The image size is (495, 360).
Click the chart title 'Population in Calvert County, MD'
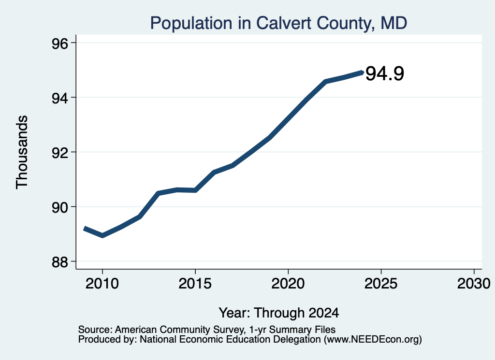tap(278, 23)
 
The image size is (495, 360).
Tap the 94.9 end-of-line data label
tap(384, 73)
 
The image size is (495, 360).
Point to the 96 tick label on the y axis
tap(60, 43)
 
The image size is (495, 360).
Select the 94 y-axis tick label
tap(60, 99)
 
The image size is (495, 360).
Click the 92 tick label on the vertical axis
tap(60, 153)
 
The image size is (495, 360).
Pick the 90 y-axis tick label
tap(60, 208)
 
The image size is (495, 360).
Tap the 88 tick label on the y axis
tap(60, 262)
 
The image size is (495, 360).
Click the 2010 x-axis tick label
tap(102, 284)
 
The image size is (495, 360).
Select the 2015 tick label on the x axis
tap(195, 284)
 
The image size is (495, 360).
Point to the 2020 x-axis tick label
tap(288, 284)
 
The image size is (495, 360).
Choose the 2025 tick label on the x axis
tap(381, 284)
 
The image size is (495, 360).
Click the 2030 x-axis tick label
tap(474, 284)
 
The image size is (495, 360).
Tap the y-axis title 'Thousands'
tap(22, 152)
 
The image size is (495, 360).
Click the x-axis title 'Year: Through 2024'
tap(279, 313)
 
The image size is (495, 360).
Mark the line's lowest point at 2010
tap(102, 235)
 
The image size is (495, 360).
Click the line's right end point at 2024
tap(362, 72)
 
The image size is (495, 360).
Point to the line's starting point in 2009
tap(84, 229)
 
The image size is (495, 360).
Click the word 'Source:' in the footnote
tap(95, 330)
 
